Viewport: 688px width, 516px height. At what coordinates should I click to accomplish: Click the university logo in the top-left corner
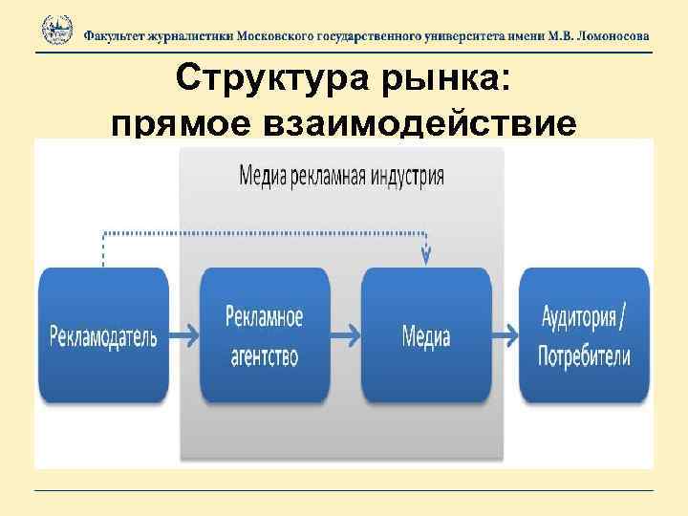point(56,31)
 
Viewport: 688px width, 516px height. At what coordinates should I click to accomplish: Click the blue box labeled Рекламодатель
point(103,335)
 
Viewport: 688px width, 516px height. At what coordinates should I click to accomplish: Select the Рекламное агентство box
point(265,335)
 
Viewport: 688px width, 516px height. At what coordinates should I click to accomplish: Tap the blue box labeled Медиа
point(426,335)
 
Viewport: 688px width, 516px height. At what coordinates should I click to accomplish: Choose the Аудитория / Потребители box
point(584,335)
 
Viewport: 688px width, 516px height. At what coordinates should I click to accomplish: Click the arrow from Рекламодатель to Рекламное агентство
point(183,336)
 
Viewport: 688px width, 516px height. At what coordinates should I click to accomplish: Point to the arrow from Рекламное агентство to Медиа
point(345,336)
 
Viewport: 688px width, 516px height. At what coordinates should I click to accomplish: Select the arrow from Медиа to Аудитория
point(505,336)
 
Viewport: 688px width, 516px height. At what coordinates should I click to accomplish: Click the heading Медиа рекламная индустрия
point(341,176)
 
